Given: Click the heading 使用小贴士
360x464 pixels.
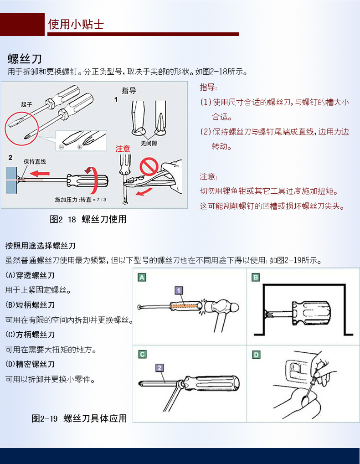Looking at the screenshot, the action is tap(76, 24).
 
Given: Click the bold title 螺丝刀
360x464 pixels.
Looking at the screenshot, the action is tap(25, 59).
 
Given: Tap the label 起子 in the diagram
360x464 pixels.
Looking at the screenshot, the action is tap(26, 104).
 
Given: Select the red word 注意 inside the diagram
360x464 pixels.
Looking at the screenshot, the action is tap(123, 149).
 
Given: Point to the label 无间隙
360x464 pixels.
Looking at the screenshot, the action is tap(149, 143).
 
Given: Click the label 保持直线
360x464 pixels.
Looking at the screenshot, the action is tap(35, 161).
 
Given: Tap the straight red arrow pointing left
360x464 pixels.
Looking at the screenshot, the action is tap(40, 173).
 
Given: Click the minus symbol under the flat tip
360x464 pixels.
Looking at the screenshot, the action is tap(62, 147).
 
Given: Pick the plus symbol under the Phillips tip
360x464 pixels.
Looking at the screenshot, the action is tap(80, 147).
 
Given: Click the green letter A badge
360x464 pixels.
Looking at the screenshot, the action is tap(142, 277).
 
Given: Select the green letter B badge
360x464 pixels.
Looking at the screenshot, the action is tap(256, 277).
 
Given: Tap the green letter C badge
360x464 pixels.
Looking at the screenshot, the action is tap(142, 354).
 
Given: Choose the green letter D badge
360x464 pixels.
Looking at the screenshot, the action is tap(256, 355).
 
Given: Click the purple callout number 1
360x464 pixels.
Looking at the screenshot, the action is tap(179, 290).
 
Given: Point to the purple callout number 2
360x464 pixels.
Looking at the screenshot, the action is tap(159, 368).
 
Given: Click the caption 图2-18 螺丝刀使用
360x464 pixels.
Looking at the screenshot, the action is tap(88, 219).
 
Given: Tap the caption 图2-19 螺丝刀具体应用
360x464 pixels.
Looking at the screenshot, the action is tap(79, 418).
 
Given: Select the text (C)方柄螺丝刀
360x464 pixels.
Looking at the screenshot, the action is tap(30, 335).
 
